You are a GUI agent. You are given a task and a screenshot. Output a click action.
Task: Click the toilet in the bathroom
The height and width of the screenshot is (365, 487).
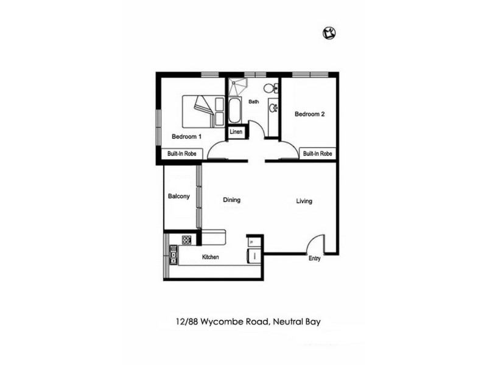[x=275, y=89]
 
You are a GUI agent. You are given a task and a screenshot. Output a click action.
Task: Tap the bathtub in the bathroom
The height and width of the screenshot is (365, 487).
[x=235, y=110]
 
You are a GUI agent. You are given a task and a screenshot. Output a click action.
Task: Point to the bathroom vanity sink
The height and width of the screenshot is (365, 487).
[x=274, y=109]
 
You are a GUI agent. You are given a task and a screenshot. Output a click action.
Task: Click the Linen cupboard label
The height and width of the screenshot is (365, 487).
[x=236, y=131]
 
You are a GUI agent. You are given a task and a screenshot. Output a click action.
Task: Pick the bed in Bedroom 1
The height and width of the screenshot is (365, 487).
[x=203, y=110]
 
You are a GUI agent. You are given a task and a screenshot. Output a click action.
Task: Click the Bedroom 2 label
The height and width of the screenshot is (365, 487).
[x=310, y=114]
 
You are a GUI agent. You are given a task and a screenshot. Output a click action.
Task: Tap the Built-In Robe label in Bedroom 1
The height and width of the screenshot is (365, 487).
[x=181, y=154]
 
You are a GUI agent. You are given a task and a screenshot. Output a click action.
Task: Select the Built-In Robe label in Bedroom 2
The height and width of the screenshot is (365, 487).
[x=317, y=154]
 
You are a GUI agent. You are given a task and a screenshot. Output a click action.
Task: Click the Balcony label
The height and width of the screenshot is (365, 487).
[x=179, y=196]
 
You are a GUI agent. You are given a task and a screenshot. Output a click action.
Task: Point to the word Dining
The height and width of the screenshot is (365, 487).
[x=231, y=200]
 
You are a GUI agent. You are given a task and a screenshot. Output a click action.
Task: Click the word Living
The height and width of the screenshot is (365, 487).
[x=304, y=201]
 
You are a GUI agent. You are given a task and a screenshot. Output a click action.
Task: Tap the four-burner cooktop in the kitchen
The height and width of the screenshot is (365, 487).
[x=187, y=240]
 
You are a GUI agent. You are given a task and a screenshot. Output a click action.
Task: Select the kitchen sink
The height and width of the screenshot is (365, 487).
[x=173, y=255]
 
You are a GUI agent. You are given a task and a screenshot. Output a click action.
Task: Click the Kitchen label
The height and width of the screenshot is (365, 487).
[x=211, y=257]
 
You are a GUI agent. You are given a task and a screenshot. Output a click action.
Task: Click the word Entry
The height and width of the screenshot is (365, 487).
[x=314, y=259]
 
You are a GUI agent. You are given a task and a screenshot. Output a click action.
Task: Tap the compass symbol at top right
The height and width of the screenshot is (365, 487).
[x=329, y=33]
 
